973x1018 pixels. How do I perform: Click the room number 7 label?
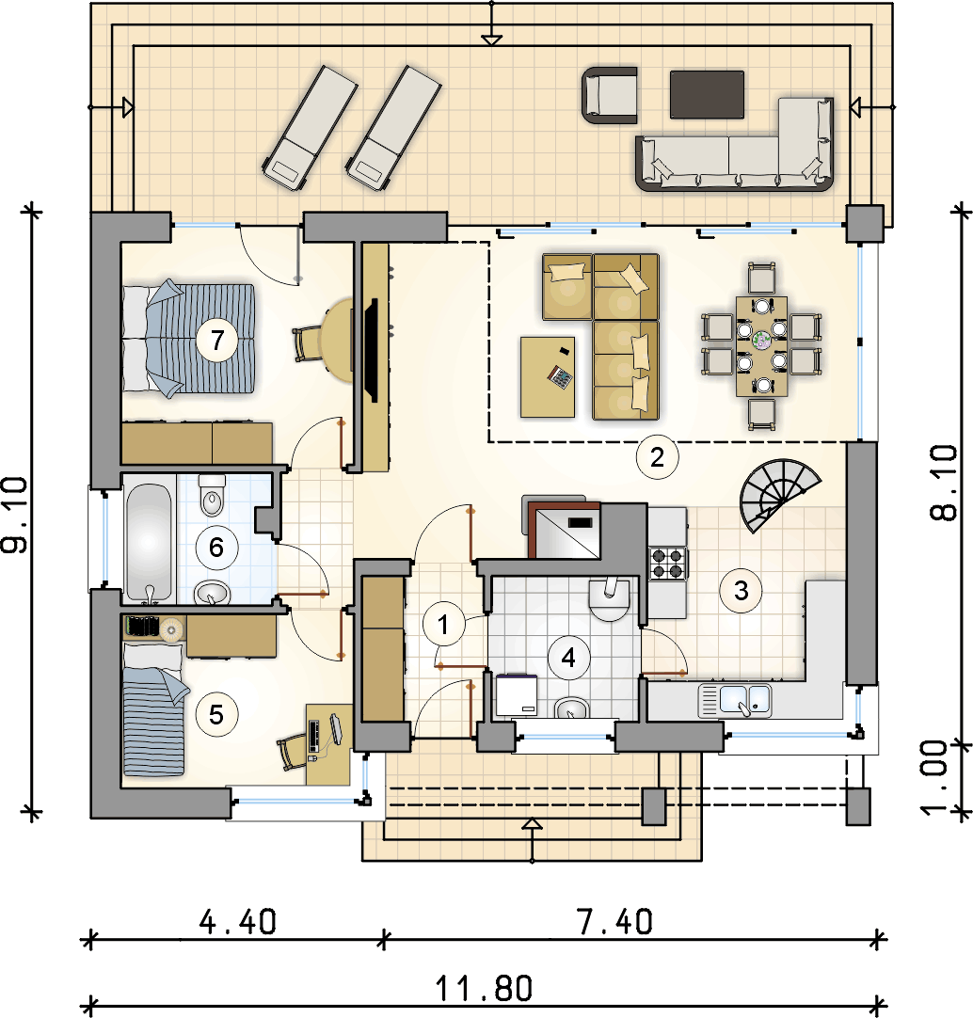point(217,341)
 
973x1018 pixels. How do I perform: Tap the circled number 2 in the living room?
point(657,457)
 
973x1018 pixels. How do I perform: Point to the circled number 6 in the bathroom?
point(216,547)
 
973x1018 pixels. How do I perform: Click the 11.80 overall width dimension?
point(484,988)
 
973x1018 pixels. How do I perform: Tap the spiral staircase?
point(776,494)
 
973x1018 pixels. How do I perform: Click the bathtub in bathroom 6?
point(150,543)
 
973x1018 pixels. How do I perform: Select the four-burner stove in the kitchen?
point(668,562)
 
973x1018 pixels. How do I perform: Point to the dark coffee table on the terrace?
point(708,94)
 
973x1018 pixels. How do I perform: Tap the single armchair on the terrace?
point(608,96)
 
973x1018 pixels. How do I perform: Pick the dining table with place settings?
point(761,344)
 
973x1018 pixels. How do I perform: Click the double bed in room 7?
point(189,337)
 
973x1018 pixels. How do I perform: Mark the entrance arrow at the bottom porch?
point(533,825)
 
